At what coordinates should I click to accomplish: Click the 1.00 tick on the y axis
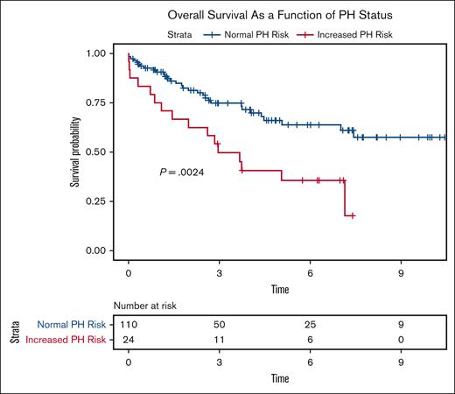99,53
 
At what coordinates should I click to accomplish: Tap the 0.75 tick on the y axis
99,102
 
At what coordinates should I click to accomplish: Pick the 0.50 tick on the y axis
99,152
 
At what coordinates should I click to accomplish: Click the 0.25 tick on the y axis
99,201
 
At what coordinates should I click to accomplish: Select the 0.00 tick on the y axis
99,251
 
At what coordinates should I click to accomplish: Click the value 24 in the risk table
129,340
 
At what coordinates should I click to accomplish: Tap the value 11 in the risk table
219,340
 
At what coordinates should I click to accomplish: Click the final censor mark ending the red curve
353,215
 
